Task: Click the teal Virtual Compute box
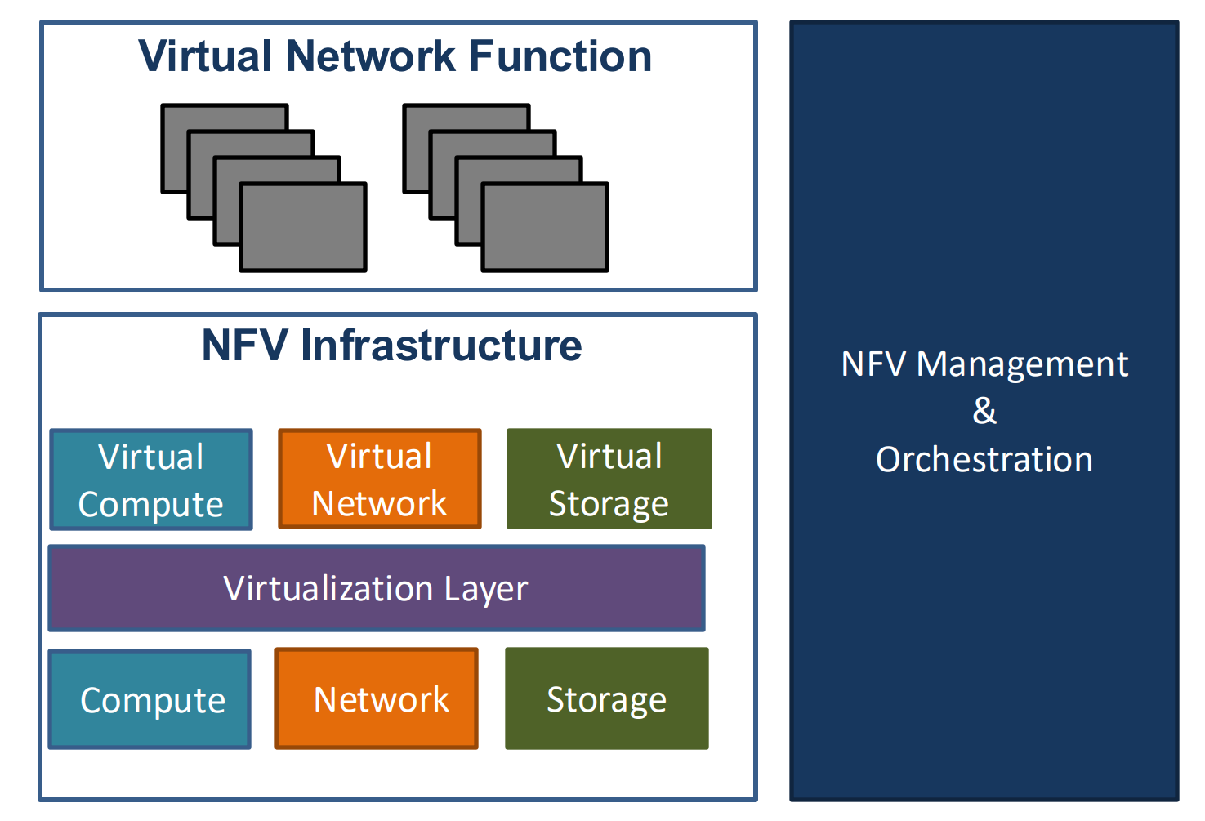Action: pos(151,480)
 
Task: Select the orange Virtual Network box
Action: pos(380,479)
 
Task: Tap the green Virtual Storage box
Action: pos(609,479)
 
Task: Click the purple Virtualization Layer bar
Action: pos(377,588)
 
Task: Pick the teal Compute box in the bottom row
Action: pos(150,699)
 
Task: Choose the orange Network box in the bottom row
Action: pos(377,698)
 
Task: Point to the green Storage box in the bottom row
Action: pos(607,698)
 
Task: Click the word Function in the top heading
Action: pos(560,56)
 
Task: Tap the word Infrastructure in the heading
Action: pos(441,345)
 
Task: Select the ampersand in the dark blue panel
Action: pos(984,411)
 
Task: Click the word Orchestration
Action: pos(984,459)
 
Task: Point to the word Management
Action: pos(1022,364)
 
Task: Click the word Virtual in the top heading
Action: pos(205,56)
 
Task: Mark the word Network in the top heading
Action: pos(371,56)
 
